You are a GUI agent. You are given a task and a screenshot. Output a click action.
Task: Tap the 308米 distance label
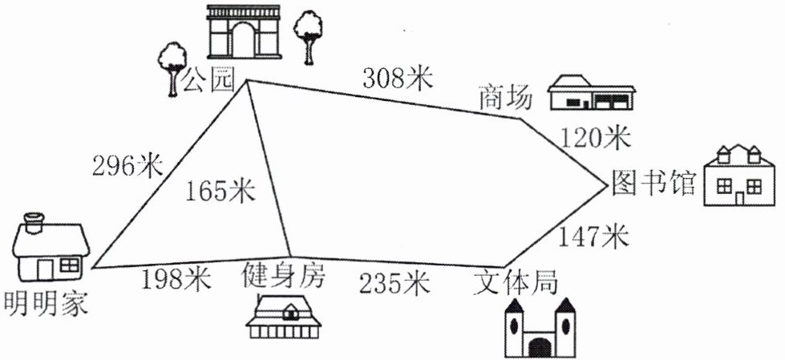(x=397, y=78)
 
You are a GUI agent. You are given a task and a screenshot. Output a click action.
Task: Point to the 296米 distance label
(x=128, y=166)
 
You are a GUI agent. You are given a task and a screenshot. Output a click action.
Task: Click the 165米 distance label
(x=220, y=191)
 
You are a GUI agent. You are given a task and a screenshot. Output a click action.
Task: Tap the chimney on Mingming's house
(x=34, y=222)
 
